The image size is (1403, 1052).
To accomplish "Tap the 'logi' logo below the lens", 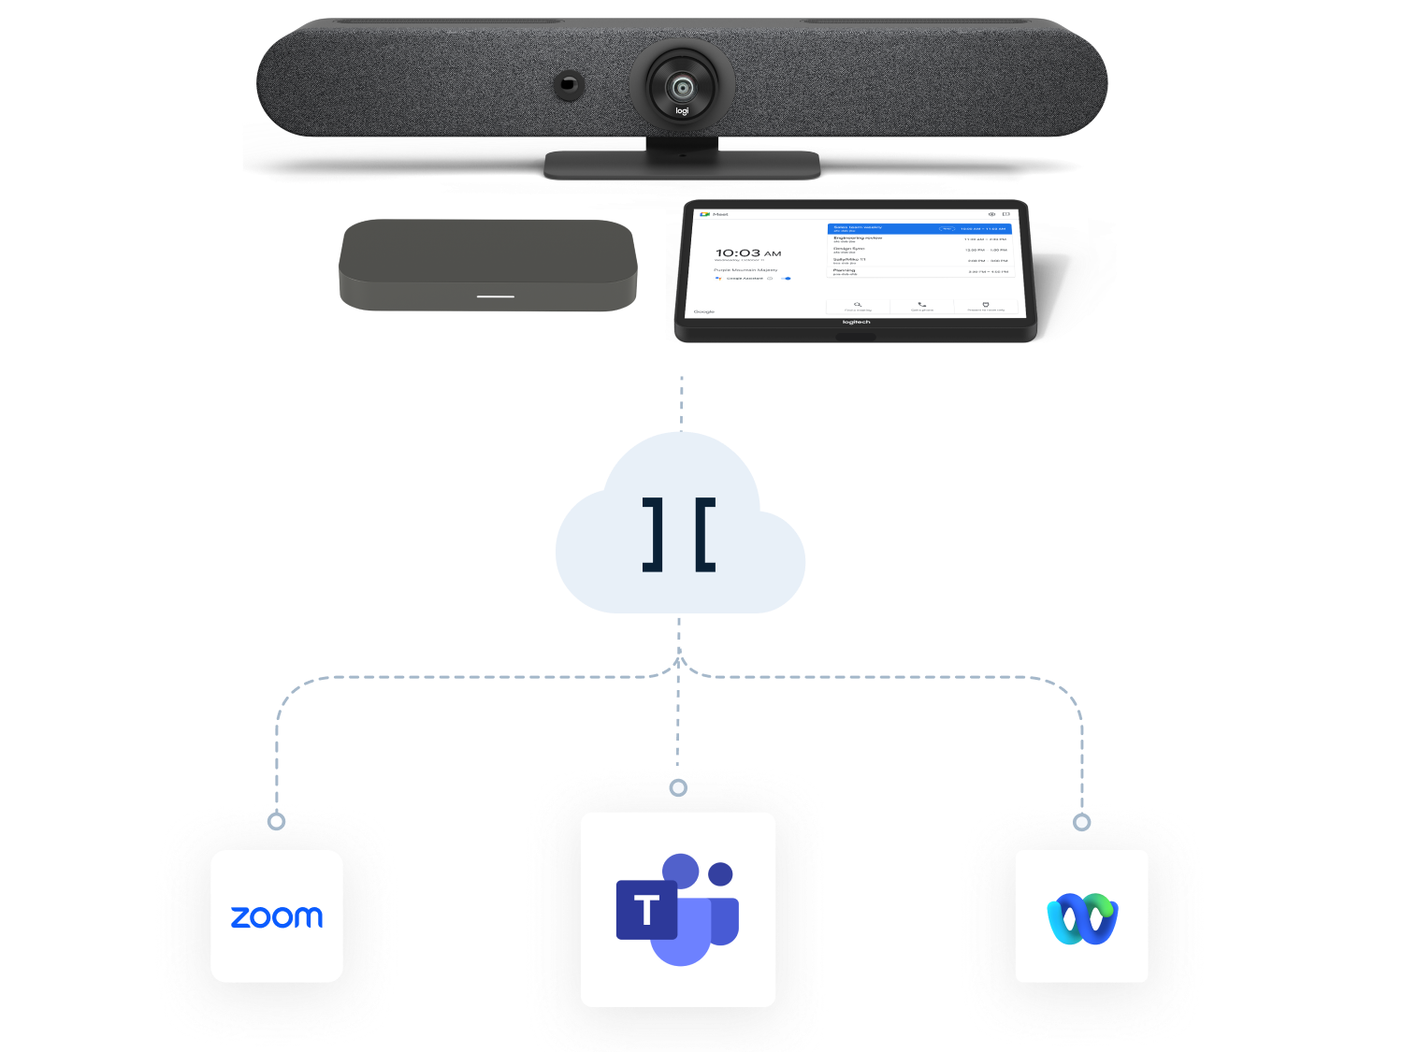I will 682,111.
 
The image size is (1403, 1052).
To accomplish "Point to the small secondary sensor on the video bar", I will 567,85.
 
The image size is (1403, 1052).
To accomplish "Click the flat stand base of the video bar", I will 682,166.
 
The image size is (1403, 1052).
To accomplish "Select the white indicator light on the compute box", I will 496,296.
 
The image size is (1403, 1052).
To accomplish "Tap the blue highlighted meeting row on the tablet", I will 919,228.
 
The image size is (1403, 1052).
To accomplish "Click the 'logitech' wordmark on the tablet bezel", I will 856,323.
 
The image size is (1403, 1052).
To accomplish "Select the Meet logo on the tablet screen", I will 704,214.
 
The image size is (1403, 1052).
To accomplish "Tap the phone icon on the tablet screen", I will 922,304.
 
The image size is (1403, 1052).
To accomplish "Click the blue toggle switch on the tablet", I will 787,279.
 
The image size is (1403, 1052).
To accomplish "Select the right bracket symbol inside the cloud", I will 706,534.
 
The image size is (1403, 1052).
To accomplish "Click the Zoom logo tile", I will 277,916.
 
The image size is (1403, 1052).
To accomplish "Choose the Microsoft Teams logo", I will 678,909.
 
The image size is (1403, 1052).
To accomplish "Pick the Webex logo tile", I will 1082,916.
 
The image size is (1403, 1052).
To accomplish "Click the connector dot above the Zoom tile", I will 276,821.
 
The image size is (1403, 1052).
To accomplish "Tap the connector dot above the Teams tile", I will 678,788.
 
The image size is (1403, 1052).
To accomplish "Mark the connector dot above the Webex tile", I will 1082,822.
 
